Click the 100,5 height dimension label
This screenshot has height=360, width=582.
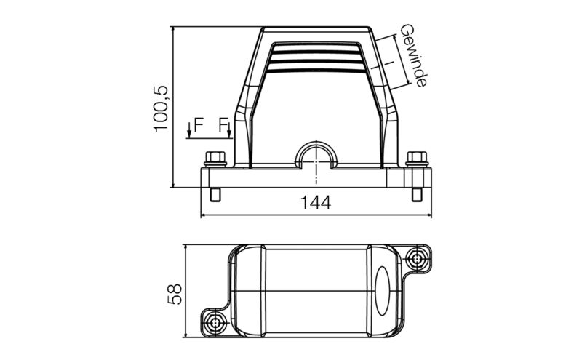(161, 108)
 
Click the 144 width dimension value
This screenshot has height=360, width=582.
(316, 203)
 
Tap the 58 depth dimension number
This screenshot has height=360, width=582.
(175, 293)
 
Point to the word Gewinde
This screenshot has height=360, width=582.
(413, 55)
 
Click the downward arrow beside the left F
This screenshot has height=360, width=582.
(189, 130)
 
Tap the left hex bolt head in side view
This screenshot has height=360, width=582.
(214, 157)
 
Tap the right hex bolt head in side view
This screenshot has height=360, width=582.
(416, 157)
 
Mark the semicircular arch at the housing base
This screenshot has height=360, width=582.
(316, 153)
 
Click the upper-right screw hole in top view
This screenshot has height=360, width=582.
(417, 257)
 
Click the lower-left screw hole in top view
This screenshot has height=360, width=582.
(215, 321)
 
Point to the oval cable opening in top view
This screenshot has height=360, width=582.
(384, 290)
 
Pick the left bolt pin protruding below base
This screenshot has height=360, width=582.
(215, 195)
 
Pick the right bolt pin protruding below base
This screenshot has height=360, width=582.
(416, 195)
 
